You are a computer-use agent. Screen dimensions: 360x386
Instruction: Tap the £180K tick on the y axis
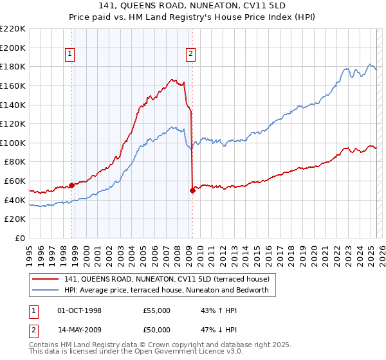point(13,66)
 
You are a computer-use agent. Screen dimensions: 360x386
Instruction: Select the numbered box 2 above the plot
point(191,55)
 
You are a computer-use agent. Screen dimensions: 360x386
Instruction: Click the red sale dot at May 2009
point(192,190)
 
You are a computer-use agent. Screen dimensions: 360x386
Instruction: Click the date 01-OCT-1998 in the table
point(80,310)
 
